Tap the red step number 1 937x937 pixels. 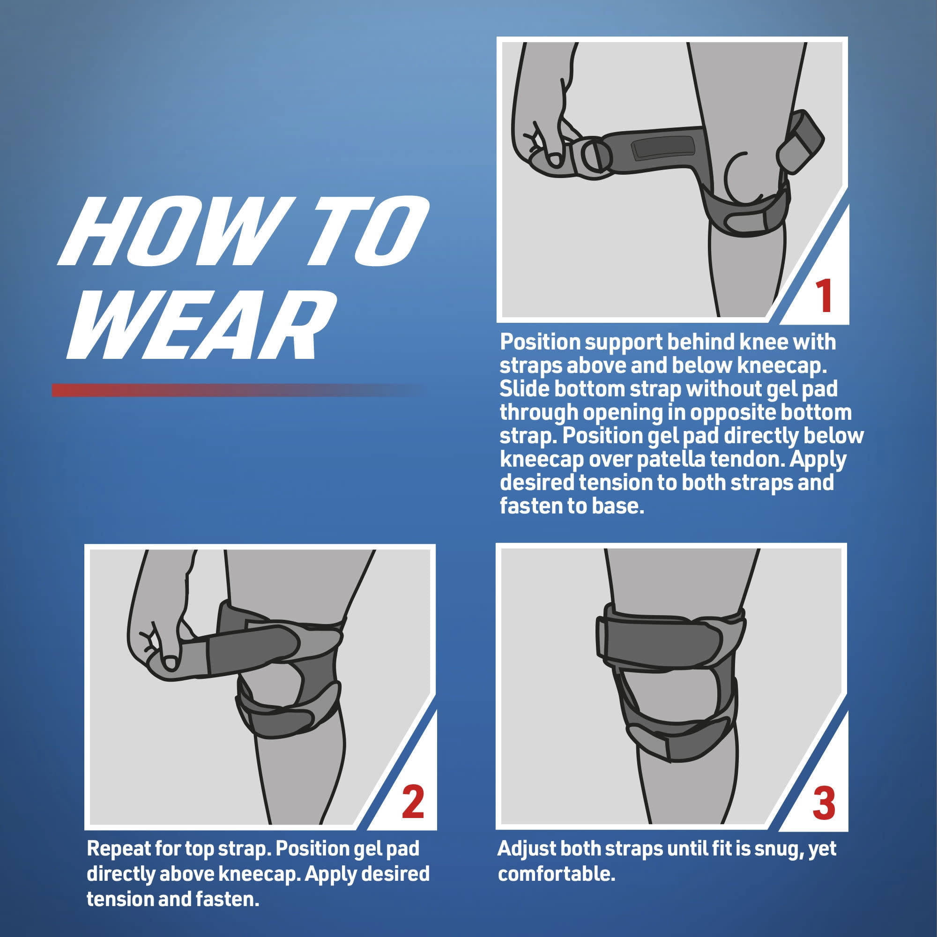(x=823, y=295)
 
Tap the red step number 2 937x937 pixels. (x=413, y=802)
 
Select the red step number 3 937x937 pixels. (x=824, y=803)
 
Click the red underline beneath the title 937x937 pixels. (x=238, y=390)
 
